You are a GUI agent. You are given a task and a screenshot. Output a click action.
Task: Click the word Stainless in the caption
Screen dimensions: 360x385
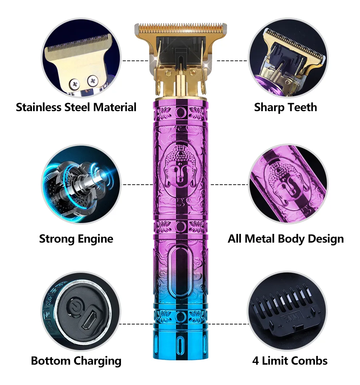pos(39,107)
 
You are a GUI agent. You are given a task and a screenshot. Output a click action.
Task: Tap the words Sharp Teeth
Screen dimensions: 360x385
pos(285,108)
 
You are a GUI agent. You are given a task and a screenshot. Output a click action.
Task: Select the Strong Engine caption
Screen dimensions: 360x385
pos(76,239)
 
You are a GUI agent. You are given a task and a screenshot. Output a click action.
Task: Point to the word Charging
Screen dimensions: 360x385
pos(97,361)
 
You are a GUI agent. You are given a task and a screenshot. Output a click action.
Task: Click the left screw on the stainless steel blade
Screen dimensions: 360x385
pos(74,84)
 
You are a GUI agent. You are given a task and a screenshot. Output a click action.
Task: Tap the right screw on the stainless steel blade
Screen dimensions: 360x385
pos(93,81)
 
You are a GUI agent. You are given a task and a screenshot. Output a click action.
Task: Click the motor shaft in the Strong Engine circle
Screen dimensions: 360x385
pos(98,176)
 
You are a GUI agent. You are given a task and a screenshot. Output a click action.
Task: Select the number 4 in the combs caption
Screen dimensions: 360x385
pos(255,361)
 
